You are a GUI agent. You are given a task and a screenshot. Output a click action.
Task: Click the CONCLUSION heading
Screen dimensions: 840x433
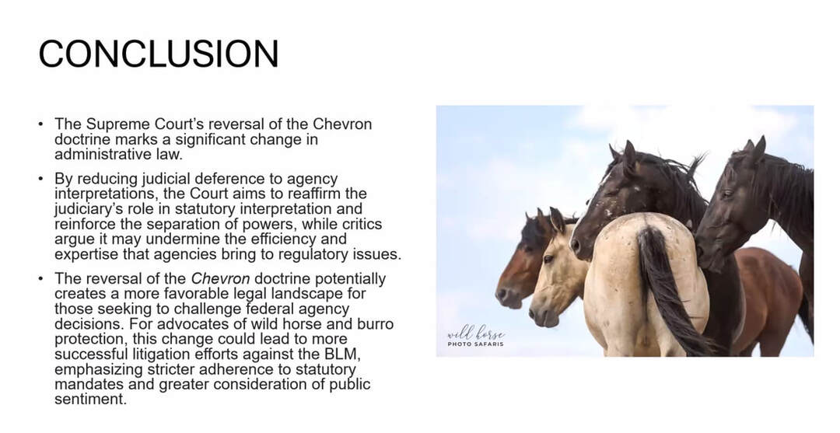click(159, 54)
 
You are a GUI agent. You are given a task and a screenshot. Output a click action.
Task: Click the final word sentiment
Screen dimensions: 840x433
click(91, 400)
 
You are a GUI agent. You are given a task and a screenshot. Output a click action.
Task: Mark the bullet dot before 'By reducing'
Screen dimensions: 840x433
click(40, 178)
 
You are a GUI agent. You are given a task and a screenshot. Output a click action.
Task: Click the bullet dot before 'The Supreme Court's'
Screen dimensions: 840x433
click(40, 124)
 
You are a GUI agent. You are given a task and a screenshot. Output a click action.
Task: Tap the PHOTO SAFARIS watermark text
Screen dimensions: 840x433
click(476, 344)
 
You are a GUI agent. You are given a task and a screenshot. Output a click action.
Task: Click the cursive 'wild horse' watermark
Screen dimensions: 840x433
click(476, 333)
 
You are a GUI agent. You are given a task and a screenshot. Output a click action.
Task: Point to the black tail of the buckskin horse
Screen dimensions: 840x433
click(668, 292)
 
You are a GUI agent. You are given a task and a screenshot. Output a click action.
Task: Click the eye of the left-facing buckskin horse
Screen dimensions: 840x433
click(548, 259)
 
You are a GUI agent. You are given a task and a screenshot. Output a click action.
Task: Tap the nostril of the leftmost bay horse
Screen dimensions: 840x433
click(502, 294)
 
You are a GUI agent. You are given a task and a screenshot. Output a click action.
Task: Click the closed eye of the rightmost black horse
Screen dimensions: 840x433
click(727, 194)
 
